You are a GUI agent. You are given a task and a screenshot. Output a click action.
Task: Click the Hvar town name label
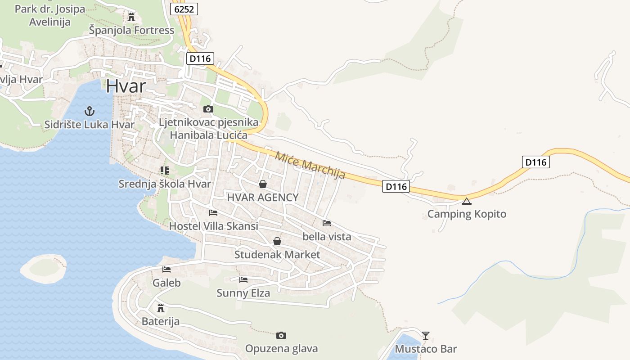coord(126,85)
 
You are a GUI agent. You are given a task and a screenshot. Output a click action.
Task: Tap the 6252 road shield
coord(184,9)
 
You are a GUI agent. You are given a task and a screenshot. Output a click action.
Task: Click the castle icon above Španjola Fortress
coord(131,17)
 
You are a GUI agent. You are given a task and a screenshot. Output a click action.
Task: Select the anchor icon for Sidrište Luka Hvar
coord(89,111)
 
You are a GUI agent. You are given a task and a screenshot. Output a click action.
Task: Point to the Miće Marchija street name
coord(310,165)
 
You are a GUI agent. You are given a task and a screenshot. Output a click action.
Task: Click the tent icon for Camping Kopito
coord(467,201)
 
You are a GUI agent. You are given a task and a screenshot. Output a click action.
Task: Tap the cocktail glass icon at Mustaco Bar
coord(425,335)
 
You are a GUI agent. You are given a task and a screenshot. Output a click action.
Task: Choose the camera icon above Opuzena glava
coord(281,335)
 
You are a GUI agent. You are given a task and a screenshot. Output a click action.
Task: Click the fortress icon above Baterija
coord(160,308)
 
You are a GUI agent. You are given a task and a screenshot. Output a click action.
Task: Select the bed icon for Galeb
coord(166,270)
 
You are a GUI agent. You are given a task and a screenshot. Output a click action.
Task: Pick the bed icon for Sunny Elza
coord(243,280)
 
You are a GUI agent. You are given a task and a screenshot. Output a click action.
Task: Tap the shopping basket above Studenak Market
coord(277,242)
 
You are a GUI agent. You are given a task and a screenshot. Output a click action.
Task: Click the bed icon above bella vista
coord(327,223)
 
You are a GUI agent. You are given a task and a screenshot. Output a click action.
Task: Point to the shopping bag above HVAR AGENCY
coord(263,184)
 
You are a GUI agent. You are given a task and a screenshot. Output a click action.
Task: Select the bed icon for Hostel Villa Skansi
coord(213,213)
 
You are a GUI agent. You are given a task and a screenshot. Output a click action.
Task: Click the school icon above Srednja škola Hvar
coord(164,171)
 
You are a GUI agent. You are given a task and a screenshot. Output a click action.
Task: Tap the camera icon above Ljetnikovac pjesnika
coord(208,109)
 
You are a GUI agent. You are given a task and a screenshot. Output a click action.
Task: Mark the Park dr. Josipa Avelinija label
coord(49,15)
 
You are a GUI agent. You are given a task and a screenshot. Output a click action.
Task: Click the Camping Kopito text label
coord(467,214)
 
